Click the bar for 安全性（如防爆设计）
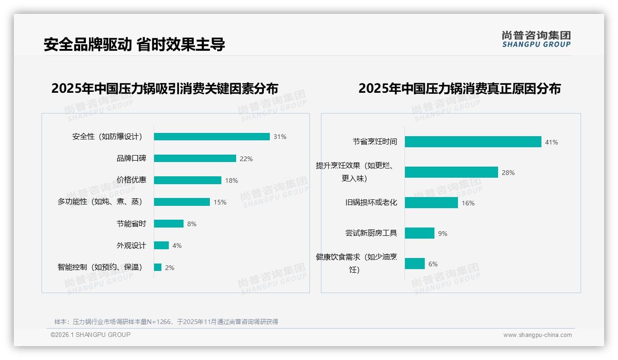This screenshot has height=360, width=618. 212,137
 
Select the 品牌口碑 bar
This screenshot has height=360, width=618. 195,158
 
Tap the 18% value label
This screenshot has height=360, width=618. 232,180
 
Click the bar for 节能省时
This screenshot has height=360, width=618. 169,224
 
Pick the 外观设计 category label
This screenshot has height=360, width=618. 131,246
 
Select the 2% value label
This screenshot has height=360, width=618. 170,268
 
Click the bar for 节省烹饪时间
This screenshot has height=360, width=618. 473,142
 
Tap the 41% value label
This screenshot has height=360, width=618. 551,142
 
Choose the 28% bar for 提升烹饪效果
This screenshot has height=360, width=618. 451,172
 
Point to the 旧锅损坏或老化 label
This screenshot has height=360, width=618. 371,203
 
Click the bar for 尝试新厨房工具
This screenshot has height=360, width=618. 420,233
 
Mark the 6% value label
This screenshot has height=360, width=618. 433,264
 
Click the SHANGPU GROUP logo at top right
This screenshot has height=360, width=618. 536,39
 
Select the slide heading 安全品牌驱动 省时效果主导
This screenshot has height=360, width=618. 134,44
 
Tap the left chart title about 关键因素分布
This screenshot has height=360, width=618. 165,88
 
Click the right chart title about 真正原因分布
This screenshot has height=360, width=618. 459,88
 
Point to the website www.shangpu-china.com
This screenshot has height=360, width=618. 537,335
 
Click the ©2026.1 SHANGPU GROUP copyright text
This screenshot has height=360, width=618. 90,335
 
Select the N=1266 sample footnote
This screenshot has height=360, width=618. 166,322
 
